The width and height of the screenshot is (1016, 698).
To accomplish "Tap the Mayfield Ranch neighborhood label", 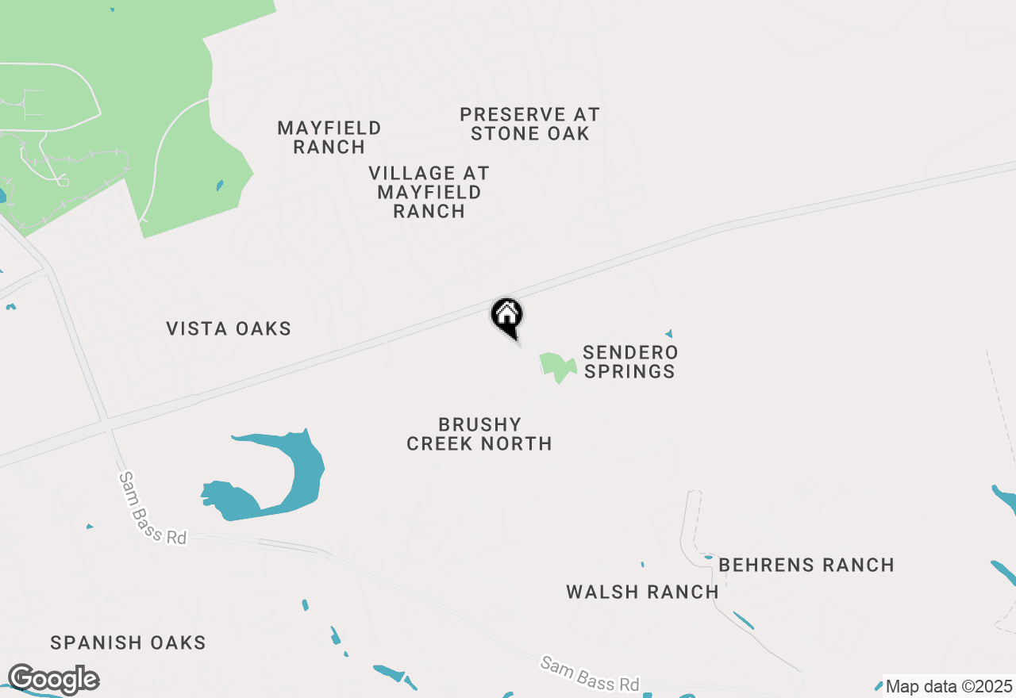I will click(329, 137).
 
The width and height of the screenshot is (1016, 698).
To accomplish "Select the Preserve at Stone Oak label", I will click(529, 125).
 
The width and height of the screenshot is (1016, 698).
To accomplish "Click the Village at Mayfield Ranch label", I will click(429, 192).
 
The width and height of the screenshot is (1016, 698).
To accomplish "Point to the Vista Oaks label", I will click(229, 328).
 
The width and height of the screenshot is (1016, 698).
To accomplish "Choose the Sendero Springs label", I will click(629, 362).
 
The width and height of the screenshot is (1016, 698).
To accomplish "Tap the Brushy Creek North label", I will click(479, 434).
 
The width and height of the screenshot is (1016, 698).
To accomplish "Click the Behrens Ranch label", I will click(806, 565).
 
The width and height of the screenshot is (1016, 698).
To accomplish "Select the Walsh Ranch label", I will click(642, 592).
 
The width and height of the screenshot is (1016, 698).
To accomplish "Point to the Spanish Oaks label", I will click(128, 642).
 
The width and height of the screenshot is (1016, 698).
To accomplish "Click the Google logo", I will click(52, 680).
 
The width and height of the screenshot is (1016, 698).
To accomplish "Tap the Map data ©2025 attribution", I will click(949, 686).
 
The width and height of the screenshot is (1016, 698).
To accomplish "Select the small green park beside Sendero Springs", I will click(558, 366).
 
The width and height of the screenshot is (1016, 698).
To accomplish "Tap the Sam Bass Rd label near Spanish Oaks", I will click(152, 508).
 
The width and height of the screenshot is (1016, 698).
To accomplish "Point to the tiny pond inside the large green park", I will click(220, 186).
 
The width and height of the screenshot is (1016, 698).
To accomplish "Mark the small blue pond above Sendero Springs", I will click(669, 334).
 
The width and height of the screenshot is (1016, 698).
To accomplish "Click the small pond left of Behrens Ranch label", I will click(708, 557).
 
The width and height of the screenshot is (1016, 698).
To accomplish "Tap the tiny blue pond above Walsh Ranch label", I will click(642, 565).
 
